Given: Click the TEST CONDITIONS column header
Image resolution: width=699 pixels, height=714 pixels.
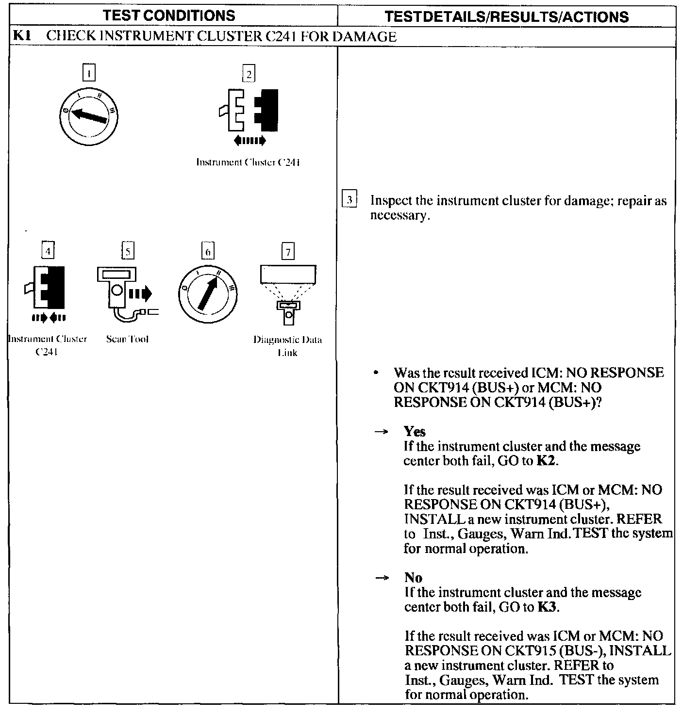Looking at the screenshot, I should coord(169,16).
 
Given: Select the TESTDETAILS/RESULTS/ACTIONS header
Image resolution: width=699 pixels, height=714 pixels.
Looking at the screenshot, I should coord(506,17).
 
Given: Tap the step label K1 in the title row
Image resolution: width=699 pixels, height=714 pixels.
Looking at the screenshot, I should coord(22,36).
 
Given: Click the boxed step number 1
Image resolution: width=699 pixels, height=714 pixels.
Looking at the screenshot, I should coord(89,73).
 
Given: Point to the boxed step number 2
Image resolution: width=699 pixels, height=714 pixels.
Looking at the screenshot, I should coord(249,74).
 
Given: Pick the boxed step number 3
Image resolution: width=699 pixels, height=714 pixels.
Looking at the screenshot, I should coord(349,200).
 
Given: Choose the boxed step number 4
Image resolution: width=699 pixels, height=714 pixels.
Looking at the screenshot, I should coord(47,251).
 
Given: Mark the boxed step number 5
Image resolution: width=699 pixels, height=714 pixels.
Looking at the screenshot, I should coord(127,251).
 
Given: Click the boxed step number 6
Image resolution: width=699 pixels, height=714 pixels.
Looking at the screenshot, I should coord(208,252).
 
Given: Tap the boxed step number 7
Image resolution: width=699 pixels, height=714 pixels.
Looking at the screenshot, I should coord(288,252).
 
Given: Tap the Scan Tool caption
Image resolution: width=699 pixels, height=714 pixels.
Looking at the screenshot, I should coord(127,339).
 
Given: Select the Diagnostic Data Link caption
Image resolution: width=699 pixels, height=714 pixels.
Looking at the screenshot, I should coord(287,346).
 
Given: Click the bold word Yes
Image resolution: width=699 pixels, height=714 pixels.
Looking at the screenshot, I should coord(415,431).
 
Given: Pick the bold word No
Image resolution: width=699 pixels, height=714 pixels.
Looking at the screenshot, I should coord(413,578).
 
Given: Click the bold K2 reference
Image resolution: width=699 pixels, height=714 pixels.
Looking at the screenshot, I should coord(546,461).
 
